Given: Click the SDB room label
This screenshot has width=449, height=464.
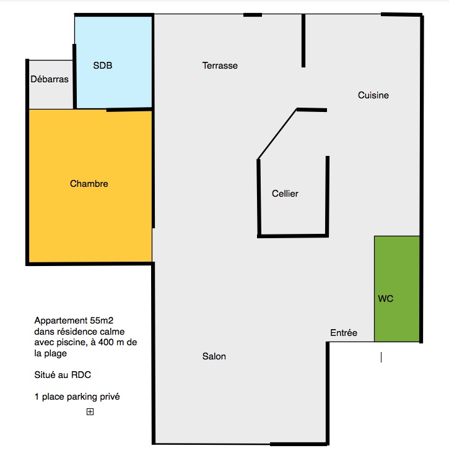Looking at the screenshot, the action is point(102,66).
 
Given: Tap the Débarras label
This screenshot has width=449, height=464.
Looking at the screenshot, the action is point(50,79).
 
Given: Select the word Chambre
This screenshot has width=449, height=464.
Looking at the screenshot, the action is point(89,184).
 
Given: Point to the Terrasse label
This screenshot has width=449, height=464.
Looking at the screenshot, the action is point(220,66).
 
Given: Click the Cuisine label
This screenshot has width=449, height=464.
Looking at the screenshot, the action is point(373,95).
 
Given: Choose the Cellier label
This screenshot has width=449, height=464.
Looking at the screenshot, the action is point(285,194).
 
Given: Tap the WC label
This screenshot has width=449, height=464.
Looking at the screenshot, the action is point(386,299).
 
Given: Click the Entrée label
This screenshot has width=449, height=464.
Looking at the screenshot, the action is point(344,333).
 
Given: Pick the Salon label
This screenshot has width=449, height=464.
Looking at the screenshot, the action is point(214,356).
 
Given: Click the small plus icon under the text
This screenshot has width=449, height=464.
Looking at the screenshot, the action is point(90,411).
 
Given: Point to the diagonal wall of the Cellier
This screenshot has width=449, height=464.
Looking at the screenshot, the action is point(277,134).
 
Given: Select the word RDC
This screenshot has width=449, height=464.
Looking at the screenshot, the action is point(81,375).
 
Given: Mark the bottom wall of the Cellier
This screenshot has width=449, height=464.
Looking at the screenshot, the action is point(293,236).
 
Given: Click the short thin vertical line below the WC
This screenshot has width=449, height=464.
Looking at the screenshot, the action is point(381,357).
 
